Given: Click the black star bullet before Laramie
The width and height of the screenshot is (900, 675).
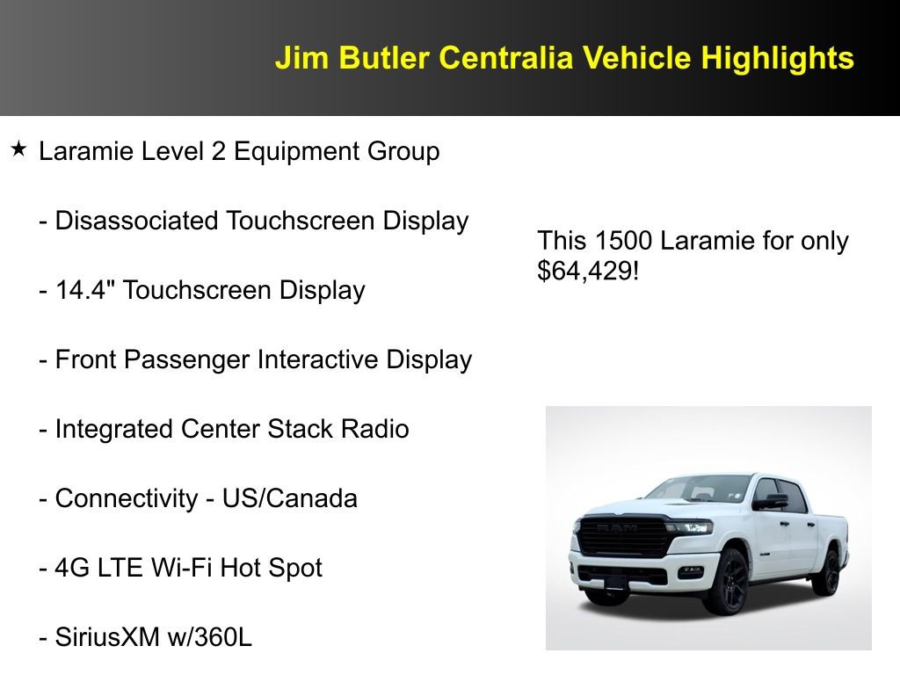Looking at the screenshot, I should (19, 149).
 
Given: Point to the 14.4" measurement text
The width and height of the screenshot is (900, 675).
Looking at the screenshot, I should (86, 290).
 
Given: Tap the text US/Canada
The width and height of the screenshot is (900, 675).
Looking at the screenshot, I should (289, 498).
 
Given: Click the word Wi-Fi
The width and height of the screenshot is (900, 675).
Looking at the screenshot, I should (180, 568).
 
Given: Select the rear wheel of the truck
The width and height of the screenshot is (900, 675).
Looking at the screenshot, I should (826, 572).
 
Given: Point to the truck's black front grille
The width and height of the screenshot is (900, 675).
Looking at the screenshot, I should (622, 536).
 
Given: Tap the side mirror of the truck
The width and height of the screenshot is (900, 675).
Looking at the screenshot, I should (773, 501).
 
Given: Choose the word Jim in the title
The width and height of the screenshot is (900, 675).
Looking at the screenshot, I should (297, 58).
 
